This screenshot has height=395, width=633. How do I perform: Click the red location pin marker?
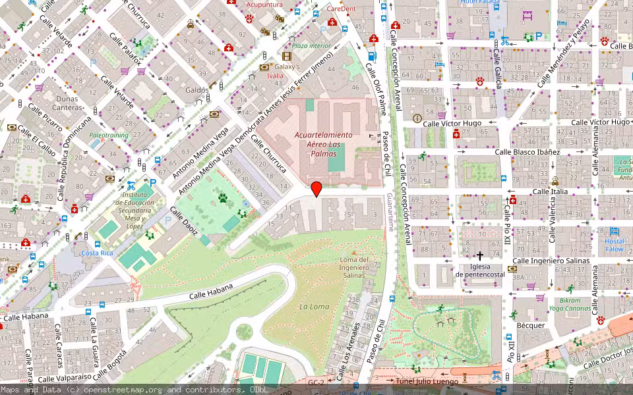(x=316, y=188)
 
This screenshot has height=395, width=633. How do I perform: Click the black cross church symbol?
(x=480, y=255)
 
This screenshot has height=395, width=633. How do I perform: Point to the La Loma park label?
(x=314, y=307)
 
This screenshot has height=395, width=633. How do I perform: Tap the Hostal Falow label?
(x=615, y=245)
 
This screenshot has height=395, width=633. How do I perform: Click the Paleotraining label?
(x=109, y=135)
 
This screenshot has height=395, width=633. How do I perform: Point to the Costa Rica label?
(x=97, y=253)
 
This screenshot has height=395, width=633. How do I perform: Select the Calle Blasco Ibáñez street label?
(x=527, y=152)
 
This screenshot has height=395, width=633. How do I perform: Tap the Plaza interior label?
(x=311, y=46)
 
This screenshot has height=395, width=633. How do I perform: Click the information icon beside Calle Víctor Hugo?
(x=416, y=118)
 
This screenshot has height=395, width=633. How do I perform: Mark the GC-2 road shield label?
(x=316, y=382)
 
